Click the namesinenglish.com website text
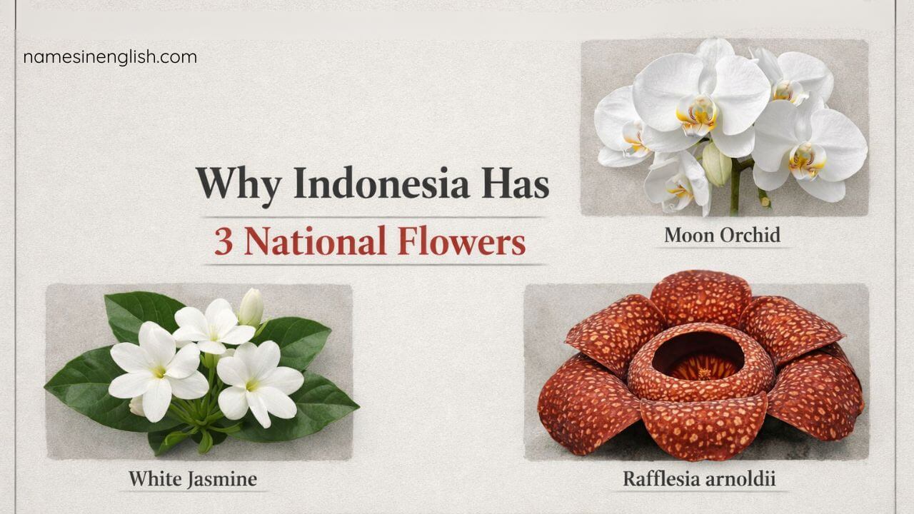(110, 57)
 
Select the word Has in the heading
(515, 185)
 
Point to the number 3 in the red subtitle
(224, 243)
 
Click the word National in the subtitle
(314, 243)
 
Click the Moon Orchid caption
(722, 235)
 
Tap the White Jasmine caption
(192, 478)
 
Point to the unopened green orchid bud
(716, 163)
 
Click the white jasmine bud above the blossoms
(251, 308)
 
